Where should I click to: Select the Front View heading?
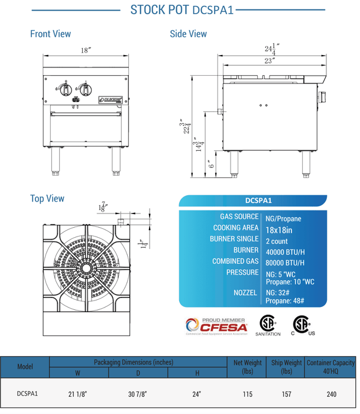click(x=50, y=34)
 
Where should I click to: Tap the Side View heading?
click(x=188, y=34)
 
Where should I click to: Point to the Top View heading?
click(x=47, y=199)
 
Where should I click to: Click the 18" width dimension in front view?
click(x=85, y=51)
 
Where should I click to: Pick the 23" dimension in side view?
click(x=270, y=60)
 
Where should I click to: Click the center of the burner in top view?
click(x=86, y=267)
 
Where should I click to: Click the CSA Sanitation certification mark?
click(x=267, y=325)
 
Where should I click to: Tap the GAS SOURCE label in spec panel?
click(x=239, y=217)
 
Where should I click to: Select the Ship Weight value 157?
click(x=286, y=392)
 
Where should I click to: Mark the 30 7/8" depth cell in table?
click(x=138, y=392)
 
